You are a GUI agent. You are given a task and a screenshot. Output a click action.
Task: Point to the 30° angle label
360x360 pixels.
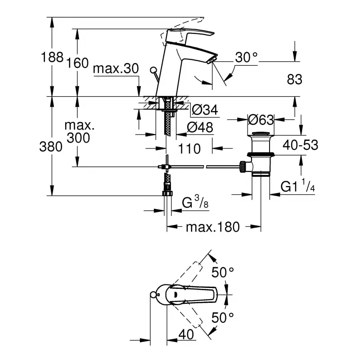click(x=247, y=58)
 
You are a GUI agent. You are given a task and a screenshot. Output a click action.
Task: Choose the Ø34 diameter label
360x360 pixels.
click(x=205, y=109)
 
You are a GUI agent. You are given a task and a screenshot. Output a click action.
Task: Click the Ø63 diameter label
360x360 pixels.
click(x=261, y=120)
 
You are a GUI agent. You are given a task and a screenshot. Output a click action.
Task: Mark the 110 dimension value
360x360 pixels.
click(x=189, y=148)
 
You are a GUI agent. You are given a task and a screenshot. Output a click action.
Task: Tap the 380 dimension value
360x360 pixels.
click(x=51, y=147)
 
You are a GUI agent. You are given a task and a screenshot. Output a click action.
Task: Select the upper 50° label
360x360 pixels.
click(x=223, y=272)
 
